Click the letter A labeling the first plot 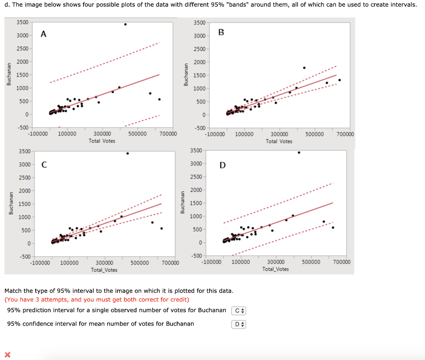click(44, 35)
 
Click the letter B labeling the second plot click(221, 32)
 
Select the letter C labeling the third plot click(44, 165)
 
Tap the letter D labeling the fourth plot click(222, 165)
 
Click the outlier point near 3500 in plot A click(125, 24)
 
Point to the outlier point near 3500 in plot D click(299, 152)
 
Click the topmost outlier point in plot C click(127, 153)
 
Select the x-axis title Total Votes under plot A click(102, 141)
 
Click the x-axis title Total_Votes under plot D click(276, 269)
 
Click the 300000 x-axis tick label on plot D click(276, 262)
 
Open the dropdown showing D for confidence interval click(239, 324)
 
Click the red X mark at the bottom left click(7, 354)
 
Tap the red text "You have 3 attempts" click(37, 299)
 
